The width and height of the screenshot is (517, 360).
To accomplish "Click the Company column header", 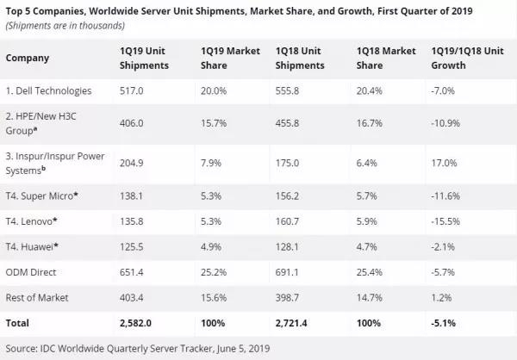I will click(x=27, y=59).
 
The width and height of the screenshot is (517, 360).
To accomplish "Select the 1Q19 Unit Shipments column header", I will click(x=143, y=59).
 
